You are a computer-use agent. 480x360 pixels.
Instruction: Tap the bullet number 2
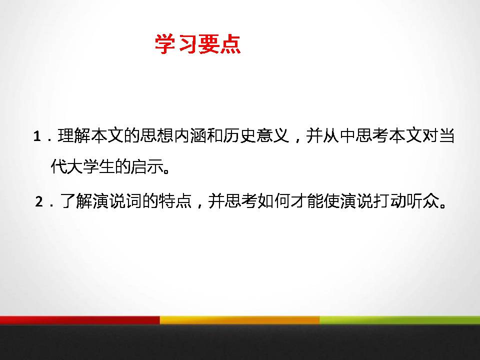tap(39, 202)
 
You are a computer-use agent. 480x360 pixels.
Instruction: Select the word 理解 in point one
tap(74, 136)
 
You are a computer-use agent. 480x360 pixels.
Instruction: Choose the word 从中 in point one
tap(338, 136)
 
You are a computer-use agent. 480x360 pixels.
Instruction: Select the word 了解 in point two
tap(74, 202)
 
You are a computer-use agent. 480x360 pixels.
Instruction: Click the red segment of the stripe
tap(80, 320)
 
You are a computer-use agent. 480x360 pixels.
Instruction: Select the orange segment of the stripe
tap(240, 320)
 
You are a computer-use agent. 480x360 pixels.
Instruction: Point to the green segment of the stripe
tap(400, 320)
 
